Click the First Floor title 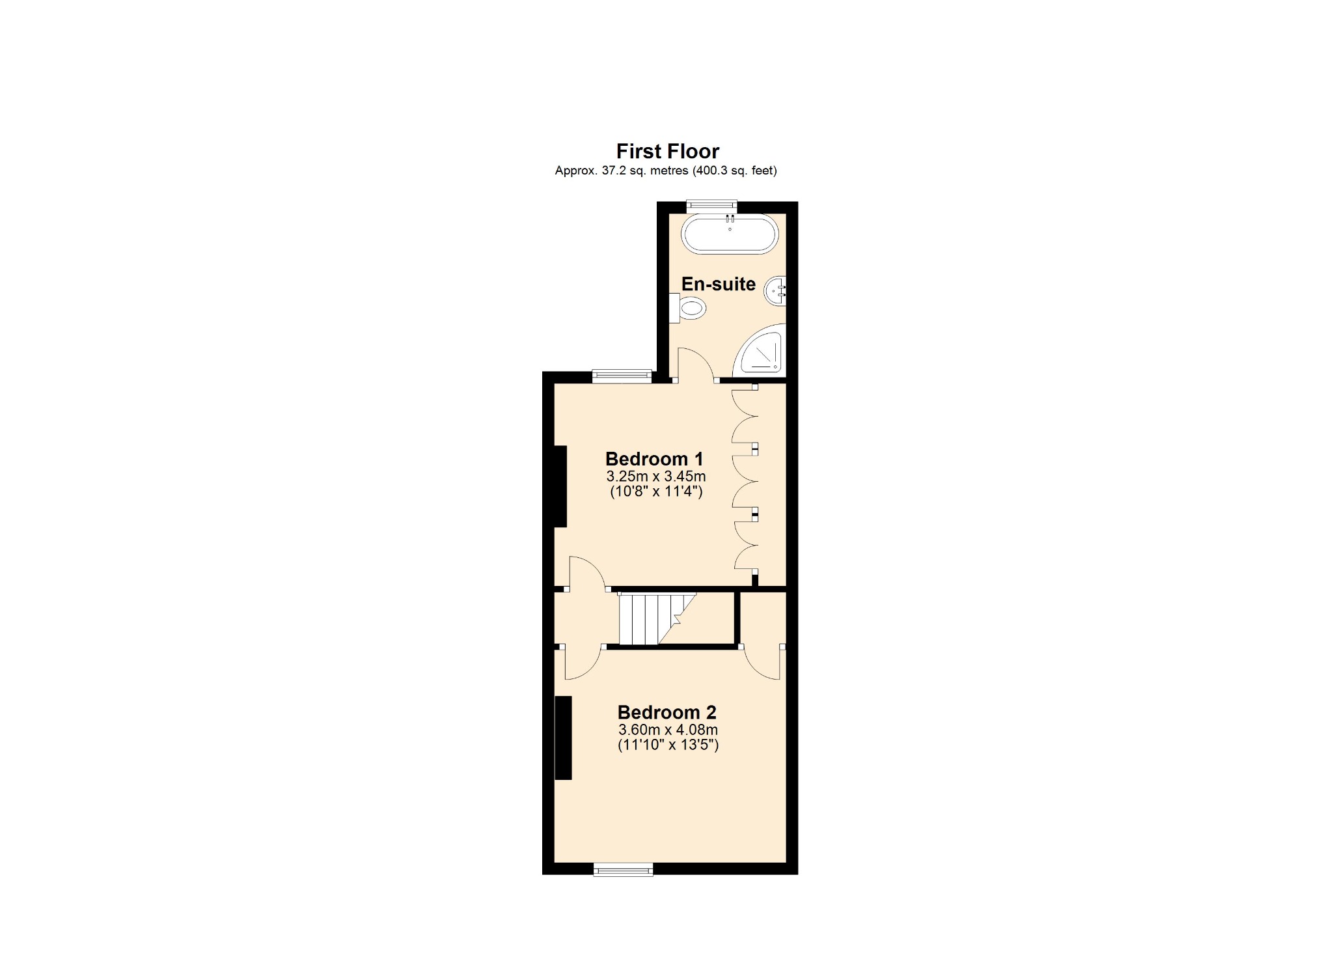(667, 151)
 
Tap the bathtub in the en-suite (730, 234)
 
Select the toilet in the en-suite (690, 307)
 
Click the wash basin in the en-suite (776, 291)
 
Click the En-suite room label (718, 284)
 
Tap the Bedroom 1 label (654, 459)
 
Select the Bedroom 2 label (666, 712)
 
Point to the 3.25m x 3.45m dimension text (656, 476)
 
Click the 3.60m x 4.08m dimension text (668, 730)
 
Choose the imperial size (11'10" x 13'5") (668, 745)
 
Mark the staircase (654, 618)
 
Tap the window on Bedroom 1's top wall (622, 376)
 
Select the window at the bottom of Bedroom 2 (623, 869)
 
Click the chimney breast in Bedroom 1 (560, 486)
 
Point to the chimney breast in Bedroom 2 (563, 738)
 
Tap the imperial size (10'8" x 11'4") (656, 492)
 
